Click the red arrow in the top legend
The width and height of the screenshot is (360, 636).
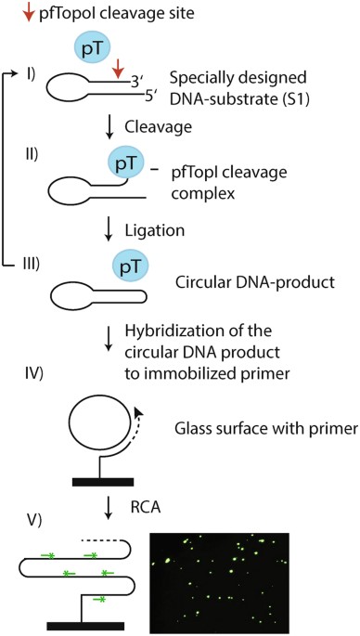pyautogui.click(x=28, y=14)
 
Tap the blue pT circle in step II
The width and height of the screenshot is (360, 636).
pyautogui.click(x=125, y=163)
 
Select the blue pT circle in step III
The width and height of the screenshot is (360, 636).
pyautogui.click(x=131, y=266)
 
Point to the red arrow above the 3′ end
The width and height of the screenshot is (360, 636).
pyautogui.click(x=118, y=68)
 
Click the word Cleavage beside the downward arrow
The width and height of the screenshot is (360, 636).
pyautogui.click(x=158, y=127)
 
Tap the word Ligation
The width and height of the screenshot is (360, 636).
pyautogui.click(x=154, y=230)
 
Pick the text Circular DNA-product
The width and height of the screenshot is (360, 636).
pyautogui.click(x=255, y=282)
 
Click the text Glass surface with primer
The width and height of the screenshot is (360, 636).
pyautogui.click(x=265, y=429)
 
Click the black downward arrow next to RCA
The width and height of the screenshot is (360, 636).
pyautogui.click(x=108, y=508)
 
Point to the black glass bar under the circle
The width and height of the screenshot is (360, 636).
pyautogui.click(x=103, y=482)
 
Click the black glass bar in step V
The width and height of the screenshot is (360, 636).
pyautogui.click(x=85, y=626)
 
